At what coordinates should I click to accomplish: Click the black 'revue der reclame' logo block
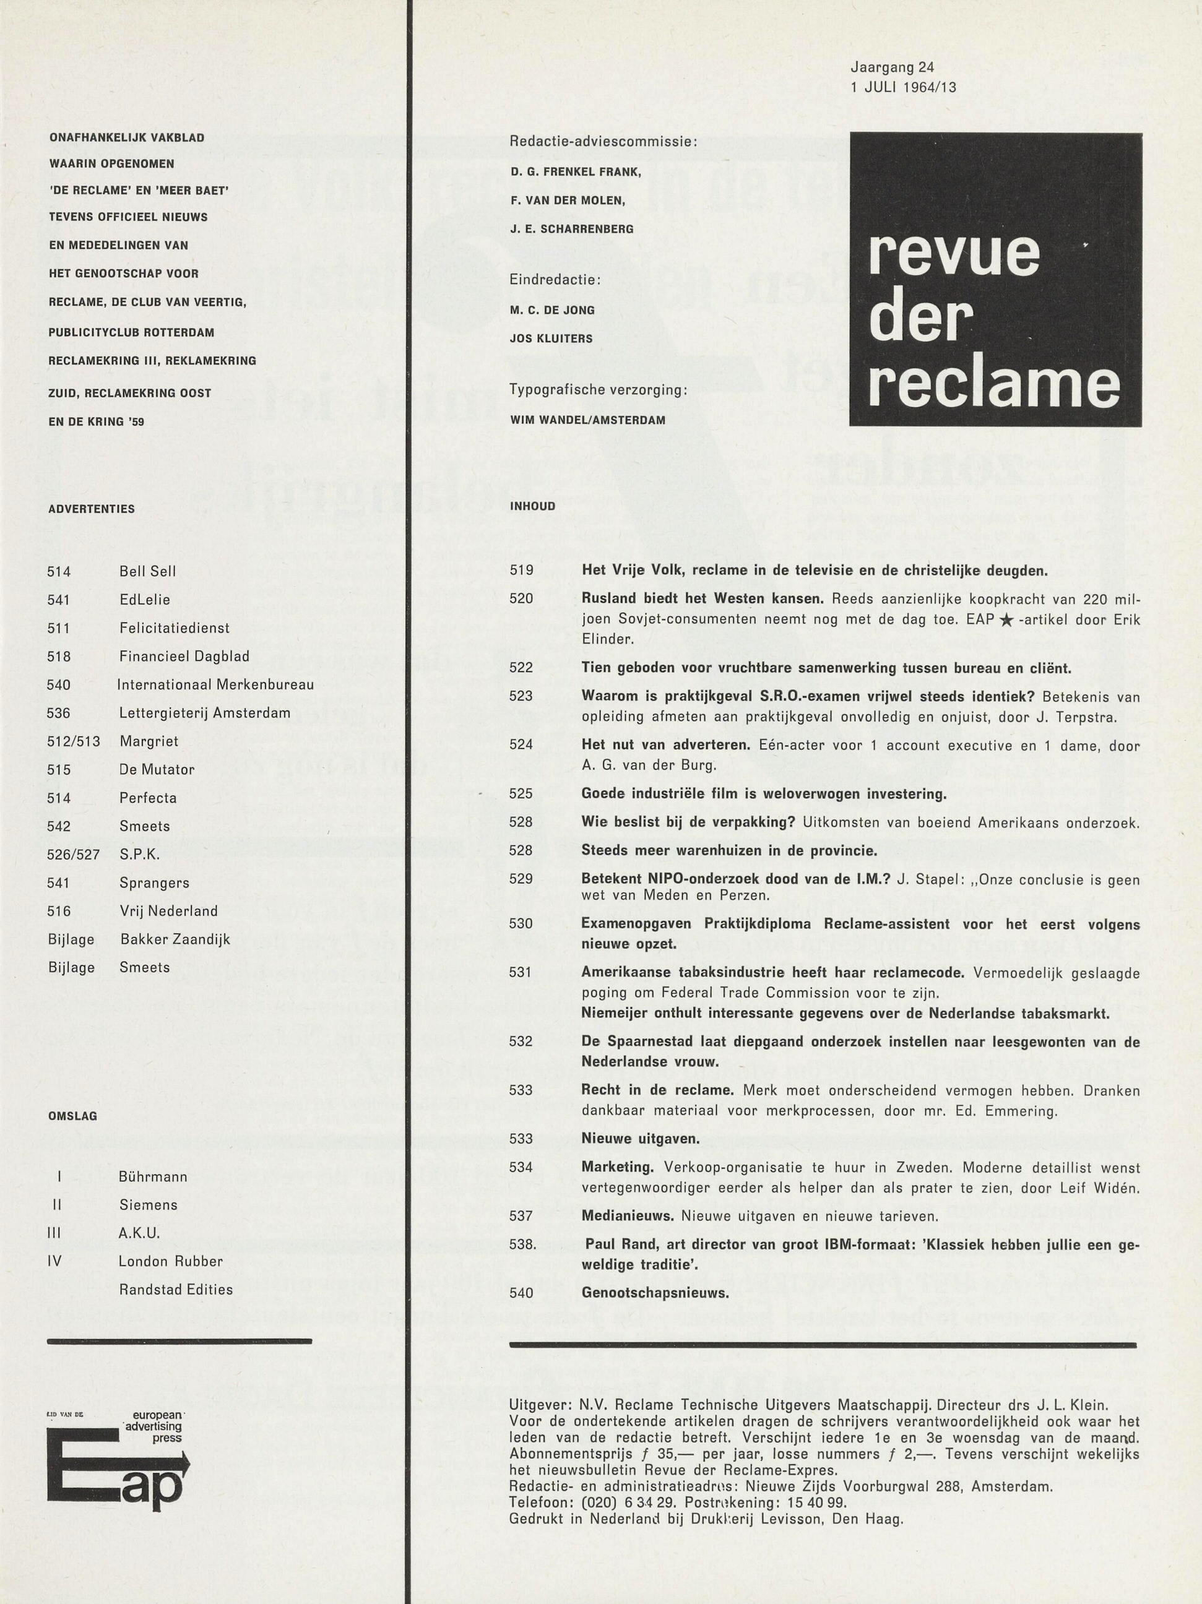(995, 279)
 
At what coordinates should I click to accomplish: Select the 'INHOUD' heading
(532, 506)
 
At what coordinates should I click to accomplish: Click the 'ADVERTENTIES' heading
(92, 509)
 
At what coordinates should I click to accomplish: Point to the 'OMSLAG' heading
(72, 1116)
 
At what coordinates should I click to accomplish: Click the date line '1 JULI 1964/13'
(903, 88)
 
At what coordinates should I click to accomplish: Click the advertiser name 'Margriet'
(149, 741)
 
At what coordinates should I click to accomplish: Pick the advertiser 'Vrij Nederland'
(168, 911)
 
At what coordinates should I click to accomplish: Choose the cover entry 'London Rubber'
(170, 1261)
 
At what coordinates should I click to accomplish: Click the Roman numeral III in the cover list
(54, 1233)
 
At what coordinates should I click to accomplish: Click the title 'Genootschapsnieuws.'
(655, 1292)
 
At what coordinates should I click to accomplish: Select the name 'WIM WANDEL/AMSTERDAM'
(587, 420)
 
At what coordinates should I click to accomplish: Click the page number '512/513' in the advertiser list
(73, 741)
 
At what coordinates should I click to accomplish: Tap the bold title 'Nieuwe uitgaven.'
(641, 1139)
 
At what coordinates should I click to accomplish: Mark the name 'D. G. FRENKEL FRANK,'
(575, 172)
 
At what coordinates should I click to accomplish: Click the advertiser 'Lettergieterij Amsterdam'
(205, 713)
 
